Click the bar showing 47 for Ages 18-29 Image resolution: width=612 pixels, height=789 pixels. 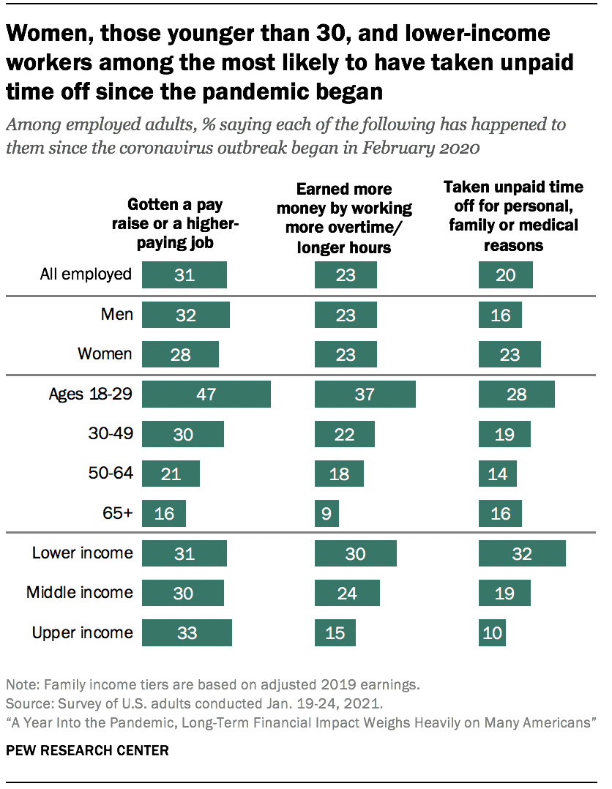[x=206, y=394]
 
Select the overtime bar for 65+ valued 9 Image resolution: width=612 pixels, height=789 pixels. [x=326, y=513]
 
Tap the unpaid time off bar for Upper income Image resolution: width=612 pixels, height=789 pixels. [x=492, y=632]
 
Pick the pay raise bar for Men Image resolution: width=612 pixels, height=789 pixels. [x=185, y=315]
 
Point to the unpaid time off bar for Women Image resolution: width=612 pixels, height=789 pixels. [x=510, y=354]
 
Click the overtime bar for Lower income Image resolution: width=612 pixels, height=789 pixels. [x=355, y=553]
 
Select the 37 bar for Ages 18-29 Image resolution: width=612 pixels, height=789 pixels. [x=365, y=394]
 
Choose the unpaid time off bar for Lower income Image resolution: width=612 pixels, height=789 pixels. [x=522, y=553]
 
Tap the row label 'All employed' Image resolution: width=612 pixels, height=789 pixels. [x=86, y=274]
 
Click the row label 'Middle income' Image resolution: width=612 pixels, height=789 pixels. [x=80, y=592]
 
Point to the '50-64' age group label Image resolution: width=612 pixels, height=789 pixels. [x=110, y=474]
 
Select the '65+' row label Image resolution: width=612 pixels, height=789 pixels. [x=117, y=513]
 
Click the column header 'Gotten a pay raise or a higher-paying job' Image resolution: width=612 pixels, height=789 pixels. [x=175, y=223]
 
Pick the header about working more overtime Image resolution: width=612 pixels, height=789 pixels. [x=344, y=218]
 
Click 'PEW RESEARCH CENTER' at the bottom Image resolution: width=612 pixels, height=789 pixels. [x=87, y=750]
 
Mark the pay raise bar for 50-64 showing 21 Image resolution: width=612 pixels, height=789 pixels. [x=171, y=474]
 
